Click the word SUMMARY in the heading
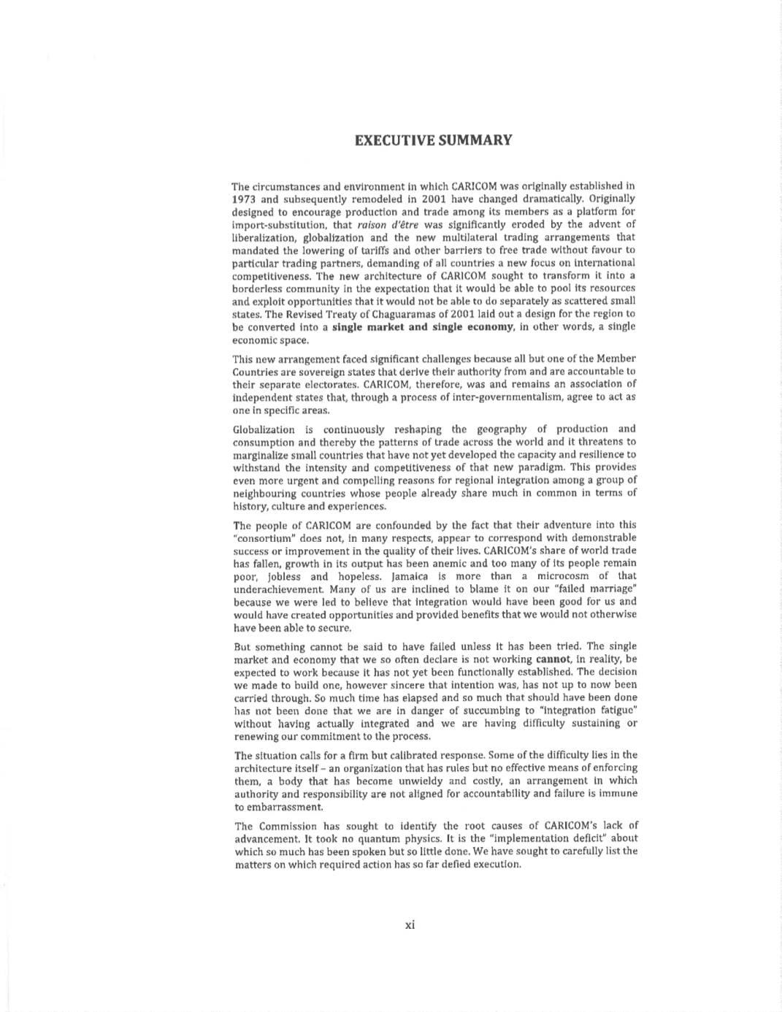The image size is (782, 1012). point(475,140)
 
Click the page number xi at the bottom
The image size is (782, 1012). point(410,925)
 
